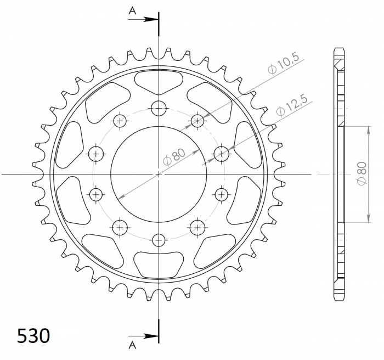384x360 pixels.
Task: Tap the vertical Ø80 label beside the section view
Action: tap(362, 174)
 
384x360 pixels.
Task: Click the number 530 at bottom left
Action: tap(33, 336)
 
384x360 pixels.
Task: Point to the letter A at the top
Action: tap(133, 10)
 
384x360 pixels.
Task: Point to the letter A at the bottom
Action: tap(133, 345)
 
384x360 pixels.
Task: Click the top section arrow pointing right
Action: tap(143, 19)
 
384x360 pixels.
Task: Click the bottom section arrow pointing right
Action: tap(143, 336)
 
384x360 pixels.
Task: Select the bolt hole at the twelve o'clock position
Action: tap(159, 108)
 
